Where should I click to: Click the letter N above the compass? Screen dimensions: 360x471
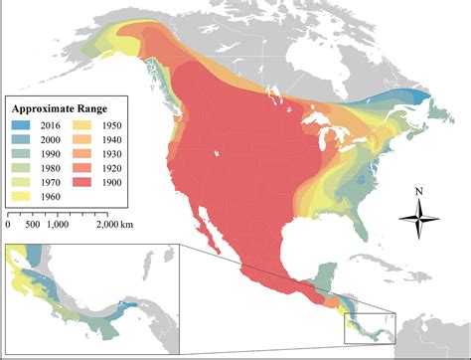tap(419, 192)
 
